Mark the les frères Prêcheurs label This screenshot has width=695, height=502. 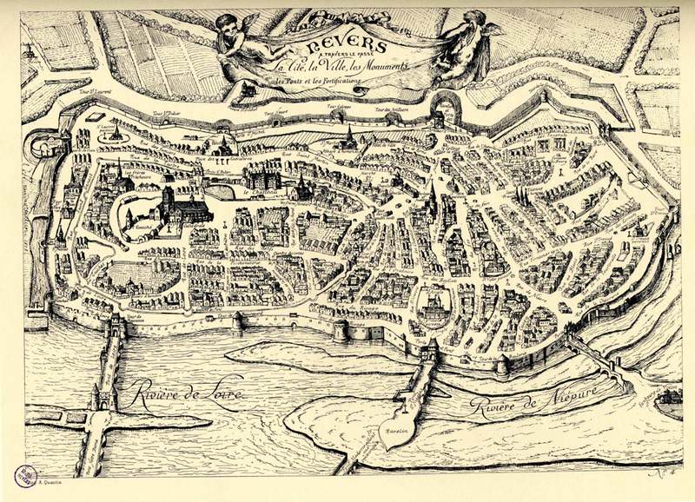138,175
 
